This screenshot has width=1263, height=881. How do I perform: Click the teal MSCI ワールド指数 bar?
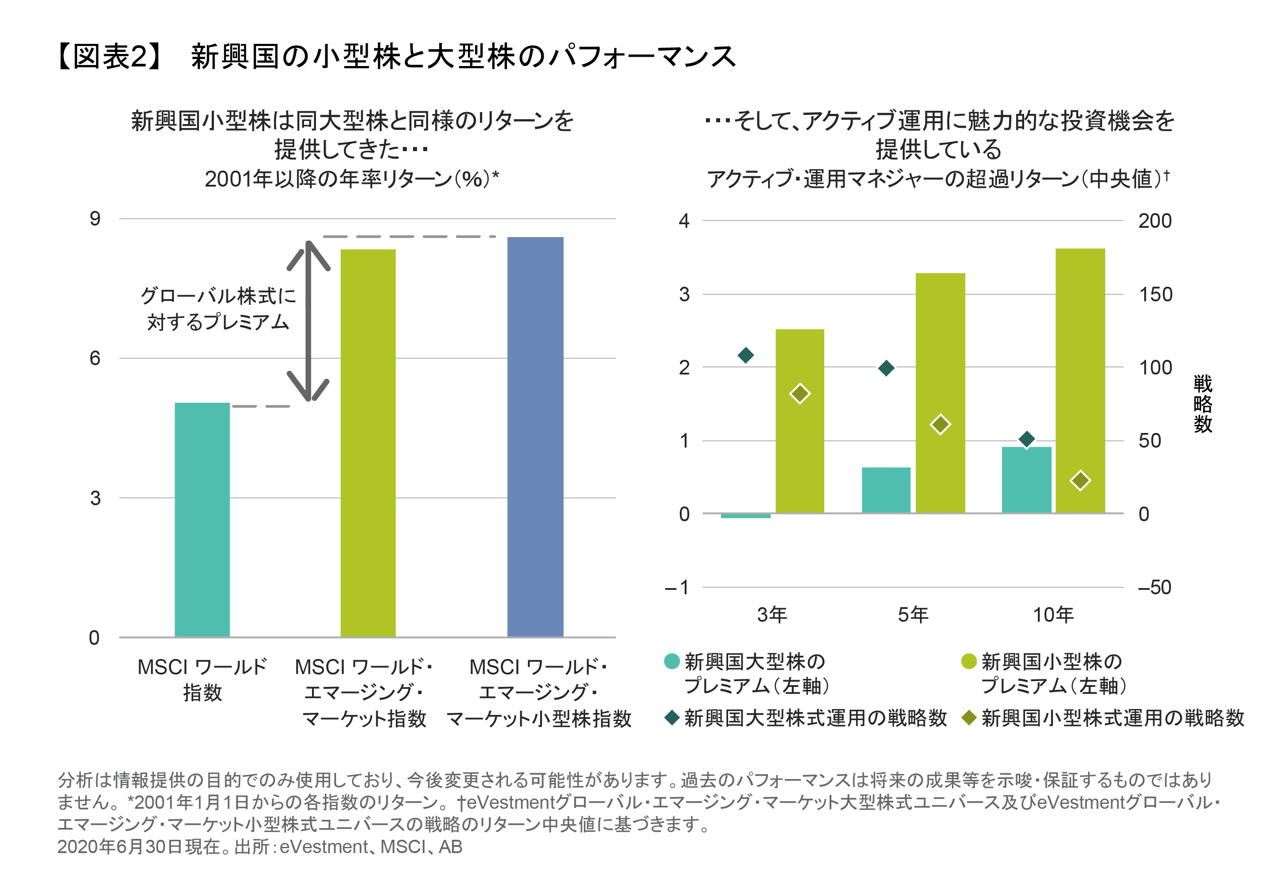[x=202, y=520]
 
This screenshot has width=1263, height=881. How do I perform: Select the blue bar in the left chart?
[x=535, y=437]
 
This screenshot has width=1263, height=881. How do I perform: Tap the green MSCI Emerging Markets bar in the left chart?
[x=367, y=443]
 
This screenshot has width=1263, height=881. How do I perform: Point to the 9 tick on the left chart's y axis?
[x=95, y=219]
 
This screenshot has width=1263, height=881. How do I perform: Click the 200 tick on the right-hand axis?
[x=1154, y=221]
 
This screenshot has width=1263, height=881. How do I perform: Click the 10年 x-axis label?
[x=1052, y=614]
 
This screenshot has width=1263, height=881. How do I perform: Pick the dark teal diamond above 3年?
[x=745, y=355]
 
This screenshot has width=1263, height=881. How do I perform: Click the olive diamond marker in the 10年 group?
[x=1080, y=480]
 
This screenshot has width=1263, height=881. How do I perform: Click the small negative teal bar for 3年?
[x=745, y=516]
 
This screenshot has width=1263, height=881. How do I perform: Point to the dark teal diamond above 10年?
[x=1026, y=439]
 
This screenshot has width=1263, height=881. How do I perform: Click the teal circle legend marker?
[x=672, y=661]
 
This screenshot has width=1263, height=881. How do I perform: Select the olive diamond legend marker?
[x=969, y=717]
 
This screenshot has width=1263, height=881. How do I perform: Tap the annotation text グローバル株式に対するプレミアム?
[x=218, y=308]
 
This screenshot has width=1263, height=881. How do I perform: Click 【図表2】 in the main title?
[x=110, y=57]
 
